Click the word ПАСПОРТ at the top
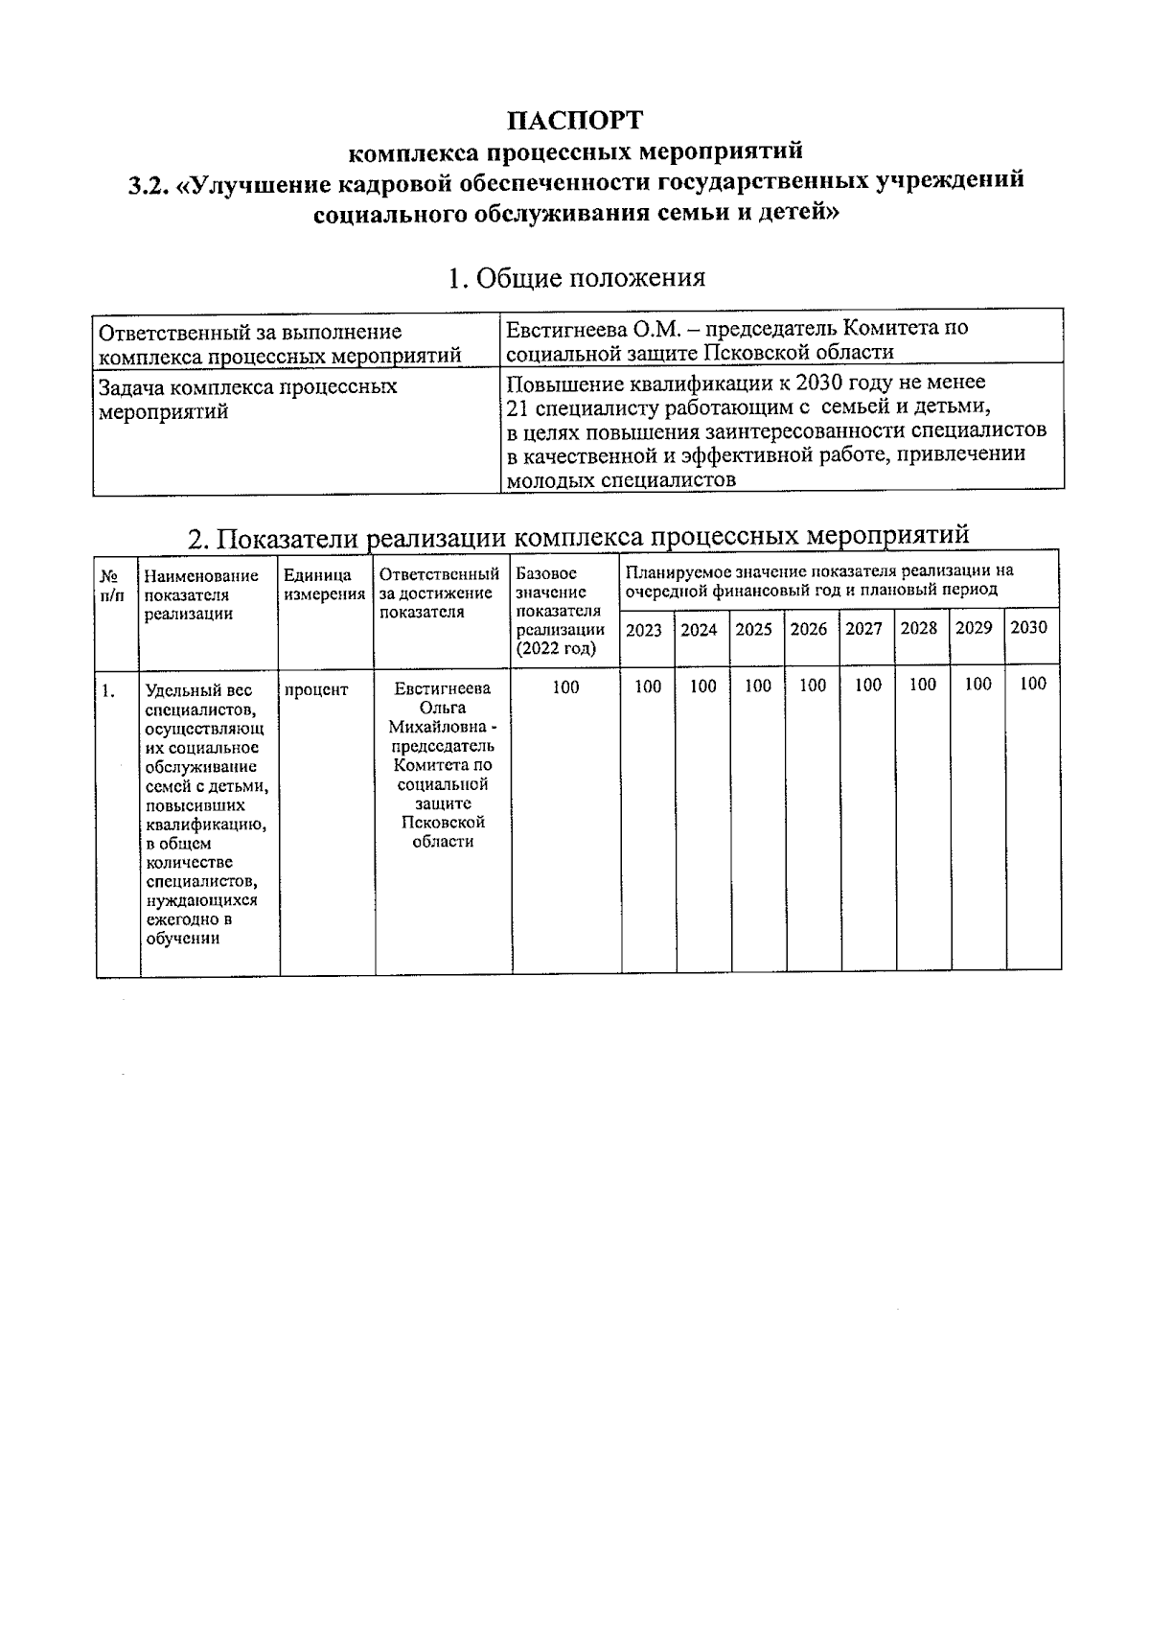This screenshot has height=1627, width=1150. pyautogui.click(x=575, y=121)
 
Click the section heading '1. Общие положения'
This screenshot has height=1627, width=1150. pyautogui.click(x=576, y=278)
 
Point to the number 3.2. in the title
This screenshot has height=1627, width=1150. pyautogui.click(x=149, y=183)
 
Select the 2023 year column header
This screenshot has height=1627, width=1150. pyautogui.click(x=643, y=630)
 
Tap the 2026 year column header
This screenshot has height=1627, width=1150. pyautogui.click(x=809, y=629)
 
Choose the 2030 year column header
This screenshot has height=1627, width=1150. pyautogui.click(x=1028, y=627)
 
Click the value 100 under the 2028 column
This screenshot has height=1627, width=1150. pyautogui.click(x=922, y=685)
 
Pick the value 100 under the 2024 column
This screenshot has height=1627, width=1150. pyautogui.click(x=702, y=686)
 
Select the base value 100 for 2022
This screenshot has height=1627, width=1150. pyautogui.click(x=565, y=686)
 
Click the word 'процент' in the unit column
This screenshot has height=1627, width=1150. pyautogui.click(x=316, y=689)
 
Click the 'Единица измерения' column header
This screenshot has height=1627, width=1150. pyautogui.click(x=324, y=584)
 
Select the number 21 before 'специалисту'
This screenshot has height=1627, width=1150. pyautogui.click(x=517, y=407)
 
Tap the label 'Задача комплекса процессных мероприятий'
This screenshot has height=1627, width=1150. pyautogui.click(x=248, y=399)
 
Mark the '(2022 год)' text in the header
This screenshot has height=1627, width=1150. pyautogui.click(x=555, y=648)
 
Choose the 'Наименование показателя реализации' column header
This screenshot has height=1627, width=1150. pyautogui.click(x=201, y=594)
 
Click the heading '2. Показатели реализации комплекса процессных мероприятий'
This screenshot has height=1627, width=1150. pyautogui.click(x=578, y=536)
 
